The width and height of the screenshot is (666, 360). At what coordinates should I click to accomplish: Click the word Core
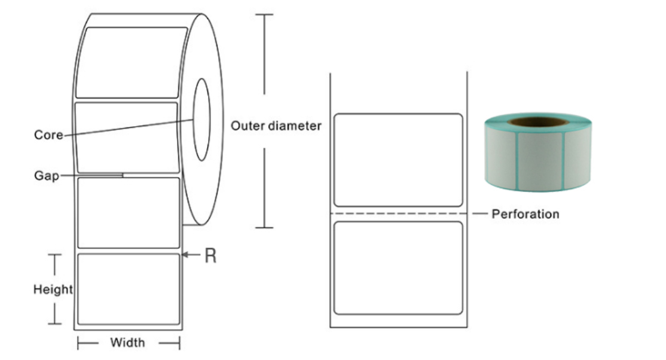coord(48,135)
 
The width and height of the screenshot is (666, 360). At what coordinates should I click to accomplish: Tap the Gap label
coord(47,176)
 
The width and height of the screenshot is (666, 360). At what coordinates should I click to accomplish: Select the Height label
coord(53,289)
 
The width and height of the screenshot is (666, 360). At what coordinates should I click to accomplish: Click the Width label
coord(127,343)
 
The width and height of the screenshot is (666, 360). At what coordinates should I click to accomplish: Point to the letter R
coord(210,255)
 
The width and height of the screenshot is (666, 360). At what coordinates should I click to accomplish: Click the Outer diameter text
coord(276,126)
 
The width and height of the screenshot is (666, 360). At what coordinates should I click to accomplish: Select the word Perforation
coord(526,214)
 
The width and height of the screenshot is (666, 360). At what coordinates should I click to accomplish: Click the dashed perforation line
coord(398,213)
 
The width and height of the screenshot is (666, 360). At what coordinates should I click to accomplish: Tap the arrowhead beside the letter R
coord(184,255)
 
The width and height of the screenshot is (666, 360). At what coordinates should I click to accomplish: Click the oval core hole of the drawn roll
coord(194,120)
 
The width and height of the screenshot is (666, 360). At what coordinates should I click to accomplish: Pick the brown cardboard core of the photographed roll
coord(537,122)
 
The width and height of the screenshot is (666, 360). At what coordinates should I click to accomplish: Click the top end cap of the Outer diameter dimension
coord(264,14)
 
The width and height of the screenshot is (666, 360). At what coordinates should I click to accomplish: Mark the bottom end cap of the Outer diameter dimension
coord(264,228)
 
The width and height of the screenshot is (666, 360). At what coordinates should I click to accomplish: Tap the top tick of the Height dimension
coord(54,255)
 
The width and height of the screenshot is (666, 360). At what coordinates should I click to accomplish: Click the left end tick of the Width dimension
coord(78,343)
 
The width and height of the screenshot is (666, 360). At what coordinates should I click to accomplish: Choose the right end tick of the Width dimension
coord(180,343)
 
